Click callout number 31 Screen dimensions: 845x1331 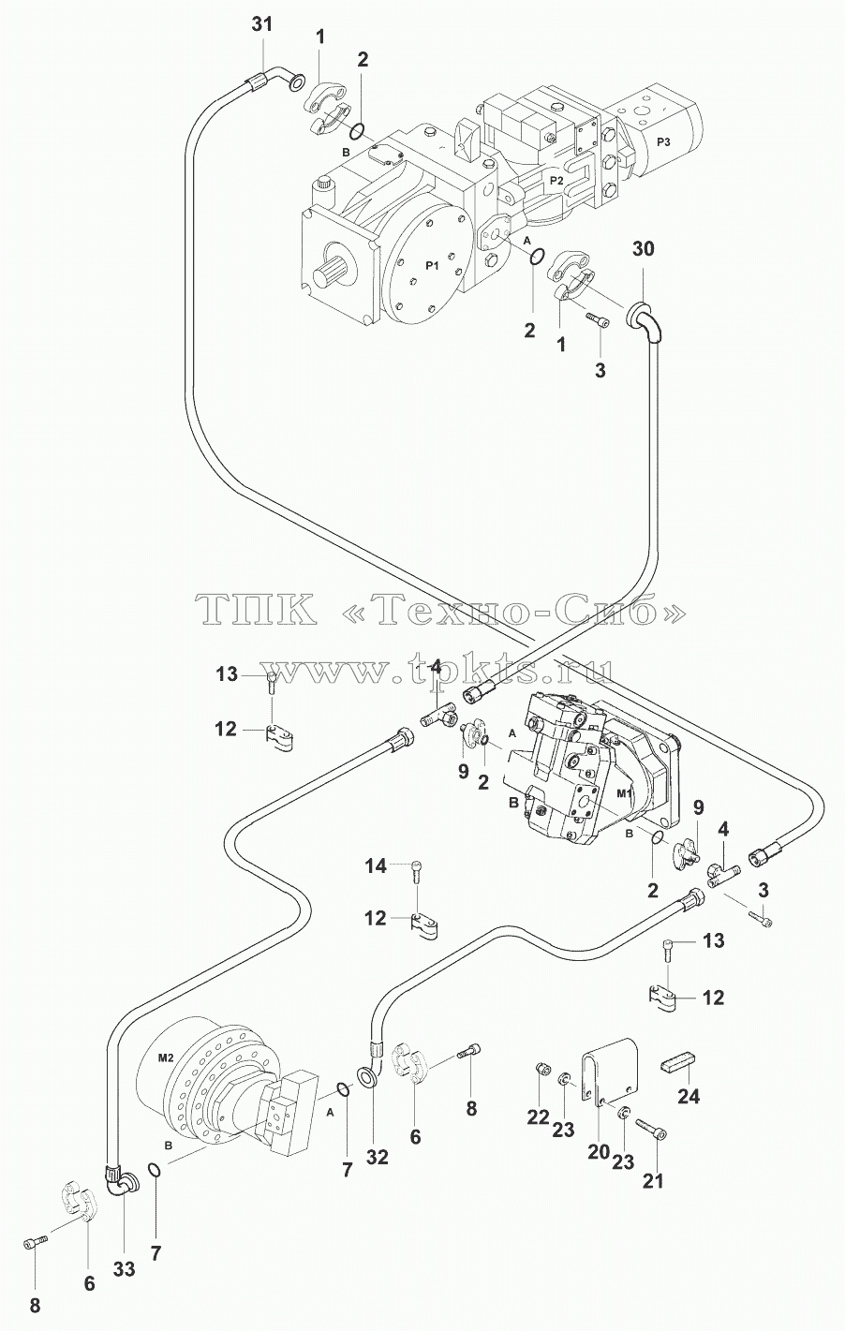[261, 25]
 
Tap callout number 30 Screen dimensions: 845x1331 [643, 248]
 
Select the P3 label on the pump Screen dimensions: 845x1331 [663, 141]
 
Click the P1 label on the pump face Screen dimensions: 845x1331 [433, 266]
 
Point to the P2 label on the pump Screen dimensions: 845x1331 [556, 181]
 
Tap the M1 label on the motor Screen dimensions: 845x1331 [623, 794]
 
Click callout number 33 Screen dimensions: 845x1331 [125, 1269]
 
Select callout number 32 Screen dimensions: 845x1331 [377, 1156]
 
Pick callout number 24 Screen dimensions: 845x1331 [689, 1096]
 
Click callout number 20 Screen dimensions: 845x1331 [599, 1152]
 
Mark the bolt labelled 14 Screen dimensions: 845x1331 [416, 871]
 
